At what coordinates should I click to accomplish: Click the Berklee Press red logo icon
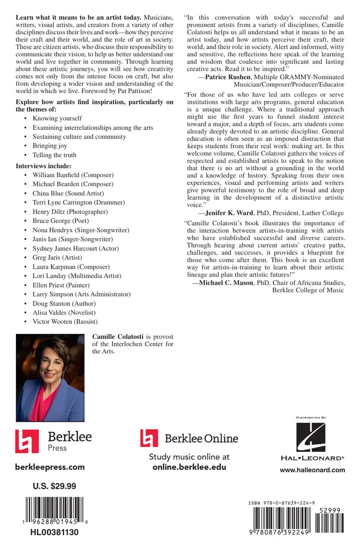[x=27, y=441]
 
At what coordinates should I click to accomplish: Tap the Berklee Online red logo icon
[x=149, y=438]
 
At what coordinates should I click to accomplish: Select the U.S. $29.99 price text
[x=54, y=486]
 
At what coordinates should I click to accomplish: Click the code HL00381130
[x=54, y=532]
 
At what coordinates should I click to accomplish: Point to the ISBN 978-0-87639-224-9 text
[x=282, y=503]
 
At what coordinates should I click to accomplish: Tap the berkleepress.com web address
[x=50, y=467]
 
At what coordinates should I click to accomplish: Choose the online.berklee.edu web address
[x=189, y=467]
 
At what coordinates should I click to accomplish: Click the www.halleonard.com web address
[x=312, y=470]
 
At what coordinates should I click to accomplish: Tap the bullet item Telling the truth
[x=54, y=155]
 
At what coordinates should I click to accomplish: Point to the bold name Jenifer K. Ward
[x=229, y=213]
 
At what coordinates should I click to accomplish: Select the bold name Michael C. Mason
[x=226, y=283]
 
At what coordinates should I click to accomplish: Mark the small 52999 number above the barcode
[x=331, y=510]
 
